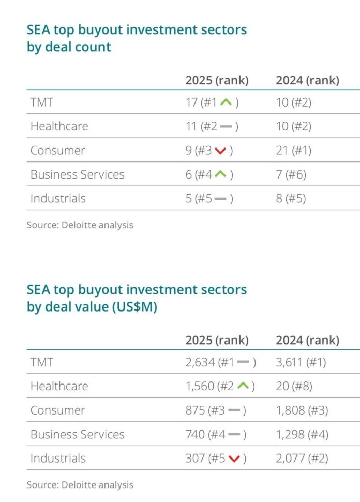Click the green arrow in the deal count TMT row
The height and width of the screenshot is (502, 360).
226,102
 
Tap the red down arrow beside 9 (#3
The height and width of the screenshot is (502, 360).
221,151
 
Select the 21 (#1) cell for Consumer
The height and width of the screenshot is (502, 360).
294,151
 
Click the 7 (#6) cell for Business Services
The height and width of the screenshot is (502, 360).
291,174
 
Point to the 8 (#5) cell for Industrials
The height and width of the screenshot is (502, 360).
291,198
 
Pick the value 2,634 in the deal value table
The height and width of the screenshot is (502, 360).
200,362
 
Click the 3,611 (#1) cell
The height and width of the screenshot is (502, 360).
301,362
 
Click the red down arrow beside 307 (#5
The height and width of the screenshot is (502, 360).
234,459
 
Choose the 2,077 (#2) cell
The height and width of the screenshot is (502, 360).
302,458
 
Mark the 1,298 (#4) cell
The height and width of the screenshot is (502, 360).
302,434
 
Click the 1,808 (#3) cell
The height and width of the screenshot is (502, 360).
302,410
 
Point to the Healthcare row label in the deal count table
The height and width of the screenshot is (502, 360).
59,126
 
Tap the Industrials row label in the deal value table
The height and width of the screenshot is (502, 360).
58,458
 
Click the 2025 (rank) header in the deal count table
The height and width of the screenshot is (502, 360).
217,80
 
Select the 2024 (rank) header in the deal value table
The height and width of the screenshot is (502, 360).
307,340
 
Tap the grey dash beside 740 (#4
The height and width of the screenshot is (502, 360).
234,434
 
